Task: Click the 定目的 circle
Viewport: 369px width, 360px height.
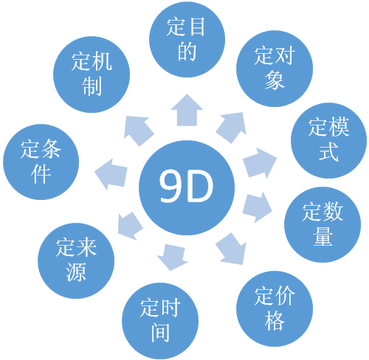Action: pyautogui.click(x=187, y=39)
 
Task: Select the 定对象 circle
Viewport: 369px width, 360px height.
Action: pyautogui.click(x=275, y=69)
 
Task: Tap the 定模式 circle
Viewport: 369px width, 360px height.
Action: pyautogui.click(x=328, y=140)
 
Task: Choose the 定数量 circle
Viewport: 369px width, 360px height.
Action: pyautogui.click(x=323, y=224)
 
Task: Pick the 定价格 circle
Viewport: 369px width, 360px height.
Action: pyautogui.click(x=275, y=309)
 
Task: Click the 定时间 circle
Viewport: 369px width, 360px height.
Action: pyautogui.click(x=160, y=321)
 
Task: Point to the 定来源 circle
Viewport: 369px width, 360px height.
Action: pyautogui.click(x=76, y=260)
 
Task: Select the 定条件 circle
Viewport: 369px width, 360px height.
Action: pyautogui.click(x=41, y=162)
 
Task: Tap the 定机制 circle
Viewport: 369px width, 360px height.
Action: pyautogui.click(x=92, y=75)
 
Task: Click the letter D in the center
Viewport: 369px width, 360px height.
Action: pyautogui.click(x=199, y=186)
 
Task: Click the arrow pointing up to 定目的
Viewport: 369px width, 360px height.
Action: pyautogui.click(x=187, y=110)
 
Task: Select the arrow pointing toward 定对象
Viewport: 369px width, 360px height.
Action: pyautogui.click(x=232, y=127)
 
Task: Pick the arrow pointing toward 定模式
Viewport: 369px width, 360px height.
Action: pyautogui.click(x=260, y=162)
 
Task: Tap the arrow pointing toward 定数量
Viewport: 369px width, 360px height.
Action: pyautogui.click(x=257, y=208)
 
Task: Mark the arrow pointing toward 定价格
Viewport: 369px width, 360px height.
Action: pyautogui.click(x=232, y=249)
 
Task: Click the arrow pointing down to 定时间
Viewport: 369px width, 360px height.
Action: pyautogui.click(x=173, y=257)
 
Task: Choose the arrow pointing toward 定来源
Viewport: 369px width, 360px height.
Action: pyautogui.click(x=130, y=226)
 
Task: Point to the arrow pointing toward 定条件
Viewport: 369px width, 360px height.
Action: pyautogui.click(x=111, y=174)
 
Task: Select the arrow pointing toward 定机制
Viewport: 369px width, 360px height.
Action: pyautogui.click(x=138, y=131)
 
